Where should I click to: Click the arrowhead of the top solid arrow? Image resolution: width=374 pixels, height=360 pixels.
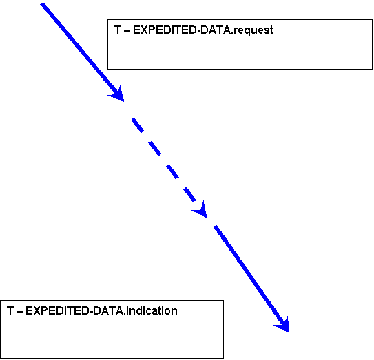coord(118,95)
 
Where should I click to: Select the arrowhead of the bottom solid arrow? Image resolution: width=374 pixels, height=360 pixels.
coord(284,326)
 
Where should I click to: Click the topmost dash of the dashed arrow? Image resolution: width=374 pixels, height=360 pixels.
coord(137,125)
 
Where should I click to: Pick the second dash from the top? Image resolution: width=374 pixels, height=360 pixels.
coord(154,149)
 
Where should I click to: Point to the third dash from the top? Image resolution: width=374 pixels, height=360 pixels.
coord(172,171)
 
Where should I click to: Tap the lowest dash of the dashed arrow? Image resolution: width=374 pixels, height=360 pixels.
coord(189,195)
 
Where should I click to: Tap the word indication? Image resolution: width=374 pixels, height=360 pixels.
coord(152,310)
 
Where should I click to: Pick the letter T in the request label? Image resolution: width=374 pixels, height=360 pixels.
coord(118,30)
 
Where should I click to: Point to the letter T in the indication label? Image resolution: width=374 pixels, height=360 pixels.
coord(10,310)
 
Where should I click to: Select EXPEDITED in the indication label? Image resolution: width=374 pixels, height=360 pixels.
coord(56,310)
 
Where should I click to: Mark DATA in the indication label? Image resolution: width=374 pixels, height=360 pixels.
coord(107,310)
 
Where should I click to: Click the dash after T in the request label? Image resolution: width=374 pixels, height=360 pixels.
coord(127,31)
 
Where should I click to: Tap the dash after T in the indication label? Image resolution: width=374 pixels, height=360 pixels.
coord(19,312)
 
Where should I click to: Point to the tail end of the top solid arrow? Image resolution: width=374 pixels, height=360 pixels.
coord(42,4)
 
